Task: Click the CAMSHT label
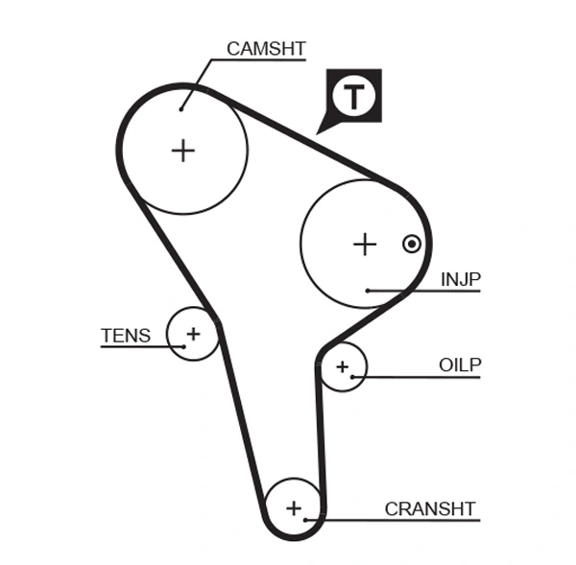tap(266, 47)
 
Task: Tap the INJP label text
tap(460, 279)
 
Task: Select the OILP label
tap(459, 365)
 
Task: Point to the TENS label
tap(126, 335)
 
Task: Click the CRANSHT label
tap(430, 508)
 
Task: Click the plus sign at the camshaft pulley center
tap(182, 151)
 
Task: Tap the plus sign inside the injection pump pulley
tap(365, 245)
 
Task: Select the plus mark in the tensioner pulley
tap(193, 334)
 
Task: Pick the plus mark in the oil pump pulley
tap(342, 366)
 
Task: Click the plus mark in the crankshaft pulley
tap(294, 507)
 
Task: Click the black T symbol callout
tap(354, 95)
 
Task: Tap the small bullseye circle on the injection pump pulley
tap(412, 244)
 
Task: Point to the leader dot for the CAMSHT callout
tap(180, 108)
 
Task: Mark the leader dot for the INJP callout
tap(368, 290)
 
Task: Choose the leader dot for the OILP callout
tap(353, 377)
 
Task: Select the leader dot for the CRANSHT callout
tap(305, 520)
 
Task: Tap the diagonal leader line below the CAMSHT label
tap(196, 82)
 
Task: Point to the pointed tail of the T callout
tap(319, 130)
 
